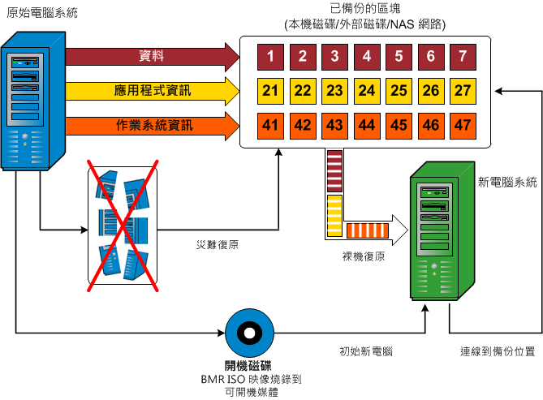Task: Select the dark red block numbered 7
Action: [463, 57]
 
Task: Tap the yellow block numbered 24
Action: [366, 90]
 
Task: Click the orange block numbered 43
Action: [334, 125]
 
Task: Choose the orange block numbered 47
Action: [463, 125]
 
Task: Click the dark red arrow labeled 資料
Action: [150, 56]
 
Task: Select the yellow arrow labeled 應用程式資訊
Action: [150, 91]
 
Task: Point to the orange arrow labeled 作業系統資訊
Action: [150, 126]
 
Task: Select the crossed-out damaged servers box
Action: [121, 225]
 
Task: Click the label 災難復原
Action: [217, 243]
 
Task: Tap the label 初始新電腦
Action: [366, 353]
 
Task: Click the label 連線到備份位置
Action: [497, 353]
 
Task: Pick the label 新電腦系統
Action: [509, 183]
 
